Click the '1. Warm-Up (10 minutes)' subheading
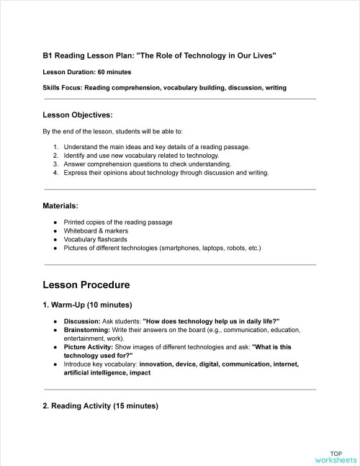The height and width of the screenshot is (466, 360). coord(87,305)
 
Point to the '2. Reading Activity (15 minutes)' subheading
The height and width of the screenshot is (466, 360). coord(100,406)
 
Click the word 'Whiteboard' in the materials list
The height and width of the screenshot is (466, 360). coord(80,230)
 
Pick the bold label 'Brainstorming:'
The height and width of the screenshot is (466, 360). coord(88,329)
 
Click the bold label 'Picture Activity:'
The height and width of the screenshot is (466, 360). coord(88,346)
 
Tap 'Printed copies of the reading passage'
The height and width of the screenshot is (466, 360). coord(117,222)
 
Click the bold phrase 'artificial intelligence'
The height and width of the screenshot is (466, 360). coord(99,373)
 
